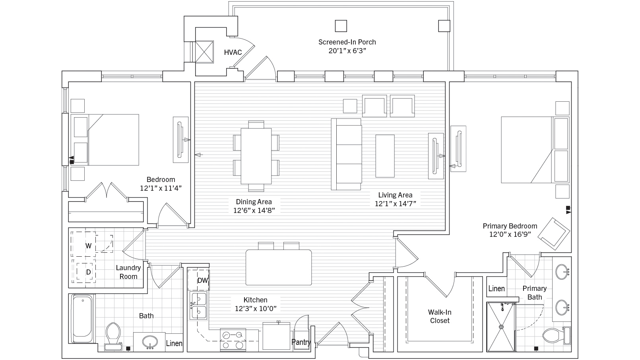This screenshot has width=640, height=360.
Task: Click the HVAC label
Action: (233, 52)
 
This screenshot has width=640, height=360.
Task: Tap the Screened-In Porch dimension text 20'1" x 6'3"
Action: (347, 51)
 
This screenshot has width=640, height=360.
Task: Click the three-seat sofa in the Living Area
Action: (347, 154)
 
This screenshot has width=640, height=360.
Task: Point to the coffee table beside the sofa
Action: (385, 156)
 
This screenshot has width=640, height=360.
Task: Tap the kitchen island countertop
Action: (278, 267)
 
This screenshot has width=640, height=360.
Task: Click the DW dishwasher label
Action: (203, 281)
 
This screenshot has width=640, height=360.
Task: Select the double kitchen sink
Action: (198, 306)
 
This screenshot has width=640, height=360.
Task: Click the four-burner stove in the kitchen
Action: (233, 340)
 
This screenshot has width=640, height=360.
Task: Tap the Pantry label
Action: (301, 342)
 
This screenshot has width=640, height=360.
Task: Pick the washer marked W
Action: (88, 246)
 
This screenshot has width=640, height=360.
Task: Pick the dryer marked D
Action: (88, 272)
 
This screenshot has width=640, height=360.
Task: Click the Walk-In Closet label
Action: (440, 317)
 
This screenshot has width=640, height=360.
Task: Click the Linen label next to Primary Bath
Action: (496, 289)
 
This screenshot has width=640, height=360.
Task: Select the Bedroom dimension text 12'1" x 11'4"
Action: (161, 188)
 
